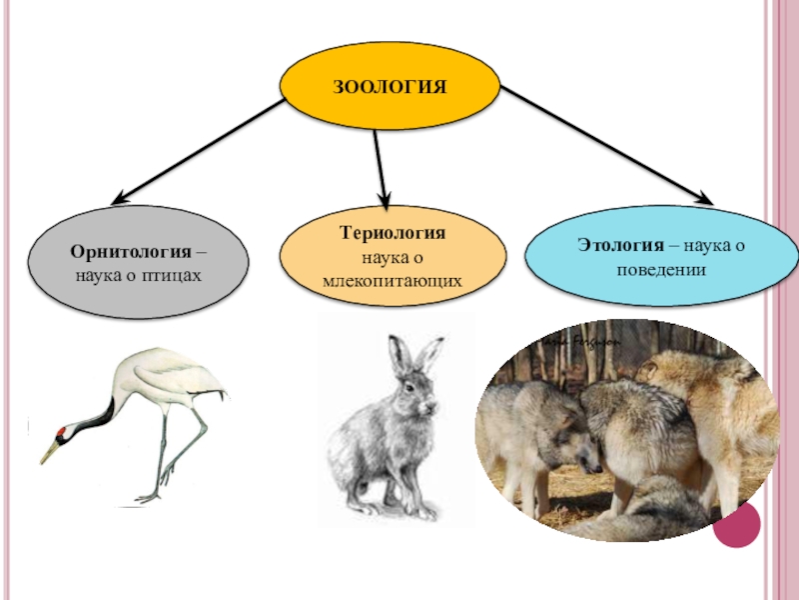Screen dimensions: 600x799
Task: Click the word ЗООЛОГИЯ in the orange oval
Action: click(390, 85)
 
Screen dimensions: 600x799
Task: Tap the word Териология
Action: click(392, 233)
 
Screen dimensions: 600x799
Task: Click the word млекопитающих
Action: click(392, 282)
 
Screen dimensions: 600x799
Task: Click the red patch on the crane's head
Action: click(63, 432)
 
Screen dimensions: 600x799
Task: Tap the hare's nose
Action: click(433, 407)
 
